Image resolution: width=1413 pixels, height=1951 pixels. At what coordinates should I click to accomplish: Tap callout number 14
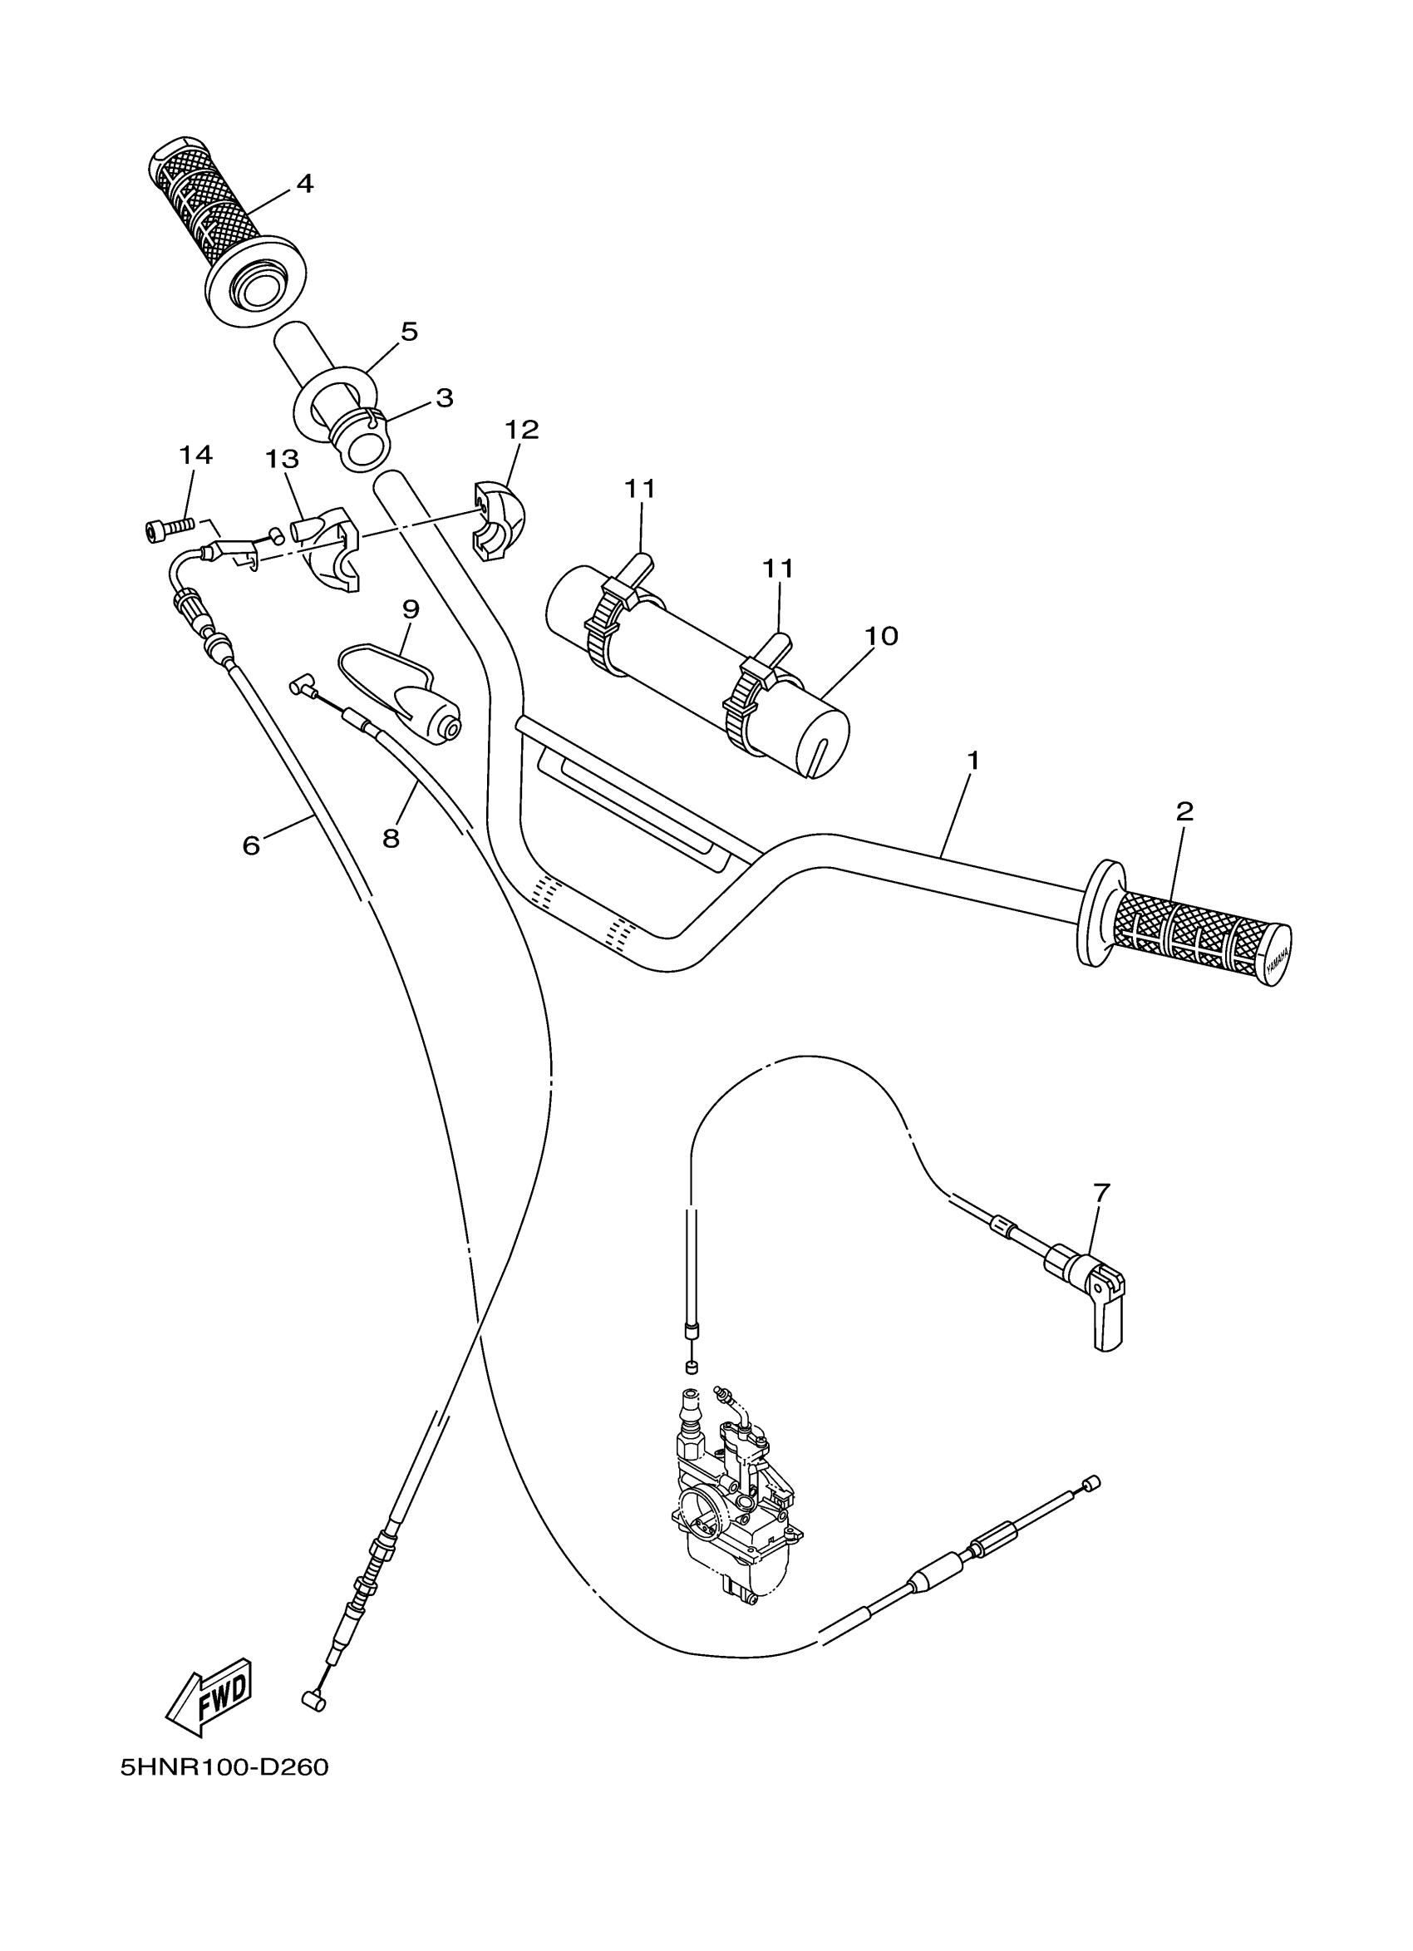tap(195, 455)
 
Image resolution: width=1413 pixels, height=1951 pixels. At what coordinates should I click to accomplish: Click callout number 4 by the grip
tap(304, 183)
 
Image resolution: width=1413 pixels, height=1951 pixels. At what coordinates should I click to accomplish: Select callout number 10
tap(882, 636)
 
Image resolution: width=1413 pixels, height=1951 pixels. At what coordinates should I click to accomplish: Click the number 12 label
tap(522, 429)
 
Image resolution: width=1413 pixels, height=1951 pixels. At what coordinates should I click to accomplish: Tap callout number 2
tap(1185, 810)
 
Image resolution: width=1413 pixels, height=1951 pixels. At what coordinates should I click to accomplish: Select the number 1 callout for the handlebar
tap(973, 761)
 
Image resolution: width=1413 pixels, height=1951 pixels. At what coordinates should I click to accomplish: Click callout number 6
tap(251, 845)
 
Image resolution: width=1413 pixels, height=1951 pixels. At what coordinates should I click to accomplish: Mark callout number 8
tap(391, 837)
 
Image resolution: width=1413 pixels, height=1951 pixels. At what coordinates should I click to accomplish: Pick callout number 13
tap(281, 460)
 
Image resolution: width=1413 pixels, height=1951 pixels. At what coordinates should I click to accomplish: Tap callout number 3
tap(444, 397)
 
